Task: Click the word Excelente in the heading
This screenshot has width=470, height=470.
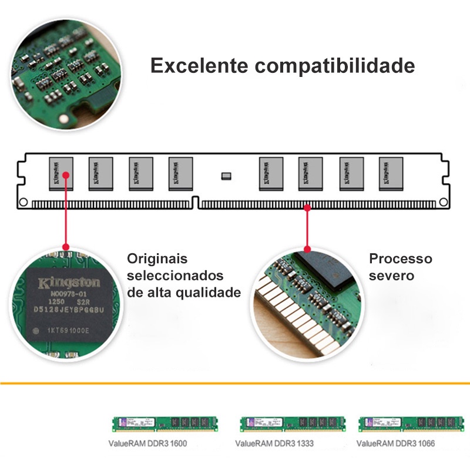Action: tap(199, 65)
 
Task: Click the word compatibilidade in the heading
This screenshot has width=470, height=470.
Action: tap(335, 66)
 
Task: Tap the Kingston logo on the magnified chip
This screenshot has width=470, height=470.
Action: tap(69, 283)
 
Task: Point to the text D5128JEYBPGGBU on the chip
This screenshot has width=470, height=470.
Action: tap(69, 310)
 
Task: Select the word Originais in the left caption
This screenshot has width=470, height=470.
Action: tap(157, 258)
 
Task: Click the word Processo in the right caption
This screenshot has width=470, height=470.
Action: tap(400, 258)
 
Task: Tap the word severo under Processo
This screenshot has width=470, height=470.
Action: tap(391, 276)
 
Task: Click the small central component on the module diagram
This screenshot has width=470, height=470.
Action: tap(226, 175)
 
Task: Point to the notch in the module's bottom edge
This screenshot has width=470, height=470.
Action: tap(196, 202)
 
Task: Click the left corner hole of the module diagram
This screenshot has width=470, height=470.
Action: tap(23, 202)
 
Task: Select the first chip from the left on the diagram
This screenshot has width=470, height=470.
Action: tap(61, 173)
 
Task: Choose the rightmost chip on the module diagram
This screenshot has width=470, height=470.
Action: tap(390, 173)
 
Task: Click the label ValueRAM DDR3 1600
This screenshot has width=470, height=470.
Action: tap(147, 444)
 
